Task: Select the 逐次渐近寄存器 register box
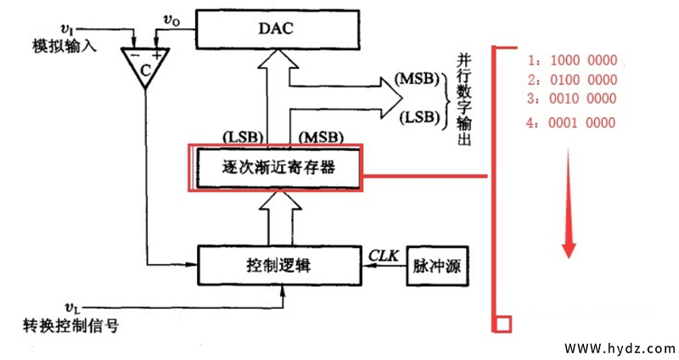pos(278,167)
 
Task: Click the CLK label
pos(382,254)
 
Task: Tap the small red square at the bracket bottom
pos(502,323)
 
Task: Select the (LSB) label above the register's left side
pos(241,136)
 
